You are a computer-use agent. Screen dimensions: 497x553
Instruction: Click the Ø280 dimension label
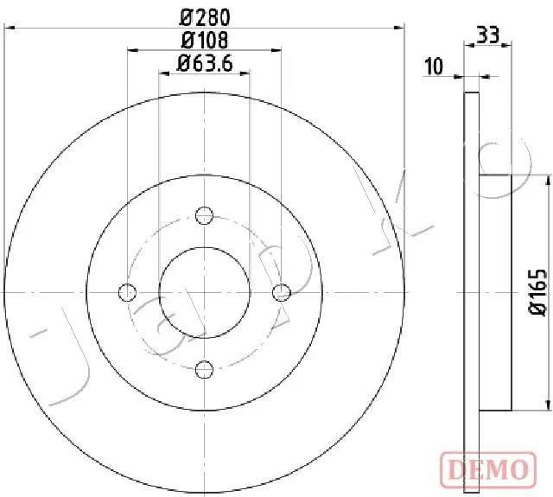click(204, 16)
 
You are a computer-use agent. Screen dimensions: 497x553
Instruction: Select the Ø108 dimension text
click(204, 39)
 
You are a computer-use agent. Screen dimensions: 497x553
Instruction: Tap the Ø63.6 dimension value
click(206, 62)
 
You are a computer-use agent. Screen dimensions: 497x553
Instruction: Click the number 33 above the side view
click(487, 35)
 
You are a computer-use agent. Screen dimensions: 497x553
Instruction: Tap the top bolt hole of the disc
click(205, 215)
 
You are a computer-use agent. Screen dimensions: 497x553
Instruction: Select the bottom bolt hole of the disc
click(205, 370)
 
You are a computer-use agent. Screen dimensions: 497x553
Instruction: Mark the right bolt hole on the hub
click(282, 292)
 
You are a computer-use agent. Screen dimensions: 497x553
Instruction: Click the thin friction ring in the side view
click(472, 294)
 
